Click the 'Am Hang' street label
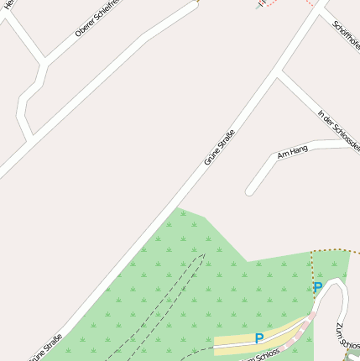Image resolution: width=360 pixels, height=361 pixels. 293,152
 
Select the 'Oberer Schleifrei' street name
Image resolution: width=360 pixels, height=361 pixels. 97,19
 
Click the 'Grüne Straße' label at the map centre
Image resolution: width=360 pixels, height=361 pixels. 219,147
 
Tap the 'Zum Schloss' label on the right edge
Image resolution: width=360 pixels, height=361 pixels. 350,336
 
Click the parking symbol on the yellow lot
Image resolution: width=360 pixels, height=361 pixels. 259,338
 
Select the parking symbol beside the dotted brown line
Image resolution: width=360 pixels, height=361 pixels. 318,288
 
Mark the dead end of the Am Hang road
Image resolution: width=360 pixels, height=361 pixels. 249,191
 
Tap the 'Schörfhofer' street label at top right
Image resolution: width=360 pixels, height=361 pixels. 347,35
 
